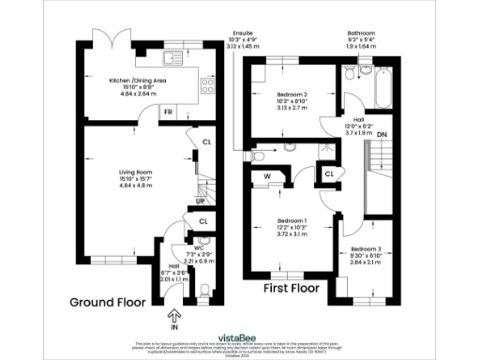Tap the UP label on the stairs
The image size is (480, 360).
tap(201, 202)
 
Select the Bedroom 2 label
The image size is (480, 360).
tap(292, 96)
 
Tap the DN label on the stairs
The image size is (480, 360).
tap(382, 134)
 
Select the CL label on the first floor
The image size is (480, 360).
tap(329, 173)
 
